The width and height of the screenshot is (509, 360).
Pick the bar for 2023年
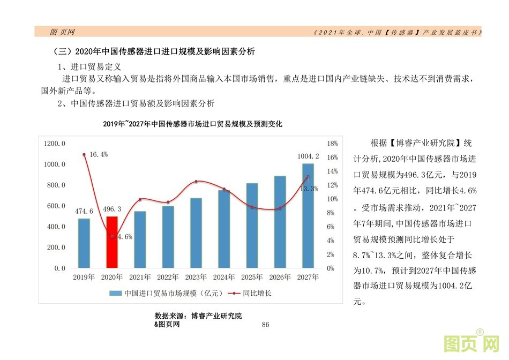(196, 232)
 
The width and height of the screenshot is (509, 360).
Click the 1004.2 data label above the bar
(308, 156)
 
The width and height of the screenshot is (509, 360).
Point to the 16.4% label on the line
(99, 154)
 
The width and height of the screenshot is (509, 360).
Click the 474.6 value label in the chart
(84, 211)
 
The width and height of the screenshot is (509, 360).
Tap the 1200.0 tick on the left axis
(55, 144)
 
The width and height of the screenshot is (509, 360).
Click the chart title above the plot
(192, 124)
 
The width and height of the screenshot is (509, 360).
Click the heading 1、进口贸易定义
(89, 67)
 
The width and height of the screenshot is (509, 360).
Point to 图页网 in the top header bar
(62, 32)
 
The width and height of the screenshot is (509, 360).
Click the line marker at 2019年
(84, 154)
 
